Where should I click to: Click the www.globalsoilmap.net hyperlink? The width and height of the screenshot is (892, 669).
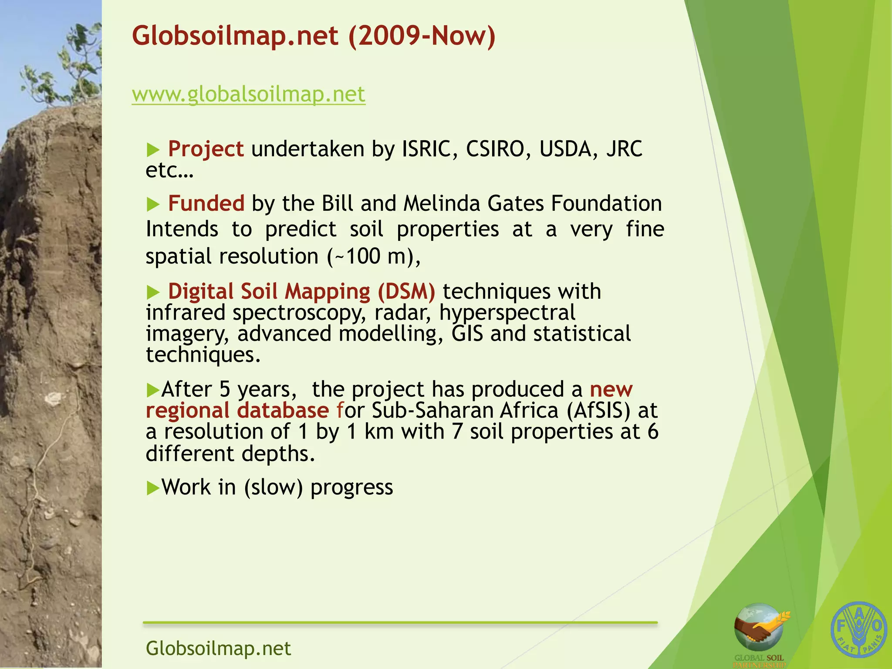tap(248, 95)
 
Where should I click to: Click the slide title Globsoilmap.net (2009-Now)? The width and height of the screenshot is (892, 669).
tap(314, 36)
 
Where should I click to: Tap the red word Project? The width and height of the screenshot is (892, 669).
tap(206, 149)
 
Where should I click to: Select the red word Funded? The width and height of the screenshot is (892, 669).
tap(206, 203)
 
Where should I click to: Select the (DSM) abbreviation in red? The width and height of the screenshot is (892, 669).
tap(406, 291)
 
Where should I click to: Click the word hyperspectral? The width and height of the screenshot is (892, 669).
tap(507, 313)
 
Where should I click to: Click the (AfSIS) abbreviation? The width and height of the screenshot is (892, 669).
tap(598, 410)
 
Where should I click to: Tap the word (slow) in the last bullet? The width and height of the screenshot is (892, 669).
tap(273, 487)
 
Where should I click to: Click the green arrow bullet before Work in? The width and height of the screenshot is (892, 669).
tap(153, 488)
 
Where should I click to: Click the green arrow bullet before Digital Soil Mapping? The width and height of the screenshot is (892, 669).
tap(153, 292)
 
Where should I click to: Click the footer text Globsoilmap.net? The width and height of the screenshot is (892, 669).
tap(218, 648)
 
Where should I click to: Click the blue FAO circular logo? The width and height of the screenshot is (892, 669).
tap(858, 630)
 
